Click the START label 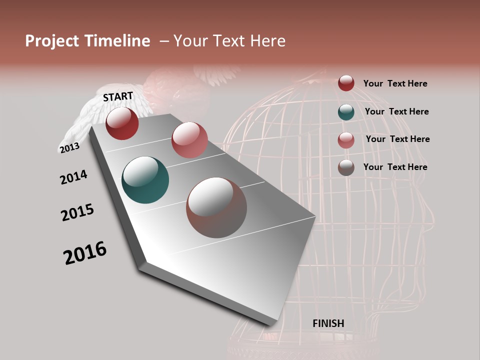(x=118, y=96)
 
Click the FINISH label (x=328, y=323)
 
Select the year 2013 (x=69, y=148)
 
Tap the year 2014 (x=73, y=177)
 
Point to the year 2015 (x=77, y=212)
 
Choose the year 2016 (x=85, y=253)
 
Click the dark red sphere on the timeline (x=122, y=123)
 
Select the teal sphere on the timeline (x=145, y=180)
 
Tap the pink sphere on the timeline (x=189, y=140)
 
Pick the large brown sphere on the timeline (x=216, y=207)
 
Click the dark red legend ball (x=346, y=83)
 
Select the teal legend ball (x=346, y=111)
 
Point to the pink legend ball (x=346, y=139)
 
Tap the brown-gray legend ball (x=346, y=167)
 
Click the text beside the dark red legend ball (x=395, y=83)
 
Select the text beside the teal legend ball (x=396, y=111)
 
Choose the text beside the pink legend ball (x=397, y=139)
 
